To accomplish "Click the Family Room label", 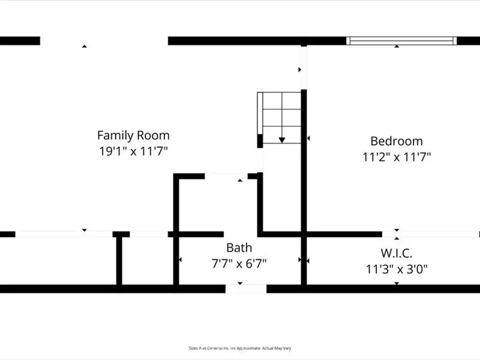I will tap(133, 136).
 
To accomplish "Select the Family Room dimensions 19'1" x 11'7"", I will tap(133, 151).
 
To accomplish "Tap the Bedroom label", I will tap(396, 142).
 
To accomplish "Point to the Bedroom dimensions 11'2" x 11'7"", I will tap(396, 157).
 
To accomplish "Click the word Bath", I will tap(239, 247).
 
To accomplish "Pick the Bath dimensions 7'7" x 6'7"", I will tap(239, 263).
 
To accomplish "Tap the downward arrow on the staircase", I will tap(281, 139).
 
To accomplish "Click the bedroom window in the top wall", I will tap(401, 41).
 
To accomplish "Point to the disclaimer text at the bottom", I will tap(240, 348).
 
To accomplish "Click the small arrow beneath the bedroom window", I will tap(397, 46).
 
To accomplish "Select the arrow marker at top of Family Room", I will tap(85, 46).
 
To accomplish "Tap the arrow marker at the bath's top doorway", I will tap(240, 179).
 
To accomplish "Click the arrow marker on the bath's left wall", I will tap(180, 260).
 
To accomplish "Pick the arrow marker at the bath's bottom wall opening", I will tap(240, 283).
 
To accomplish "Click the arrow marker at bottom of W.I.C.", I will tap(397, 283).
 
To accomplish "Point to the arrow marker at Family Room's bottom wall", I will tap(85, 230).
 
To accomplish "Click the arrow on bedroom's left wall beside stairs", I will tap(308, 139).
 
